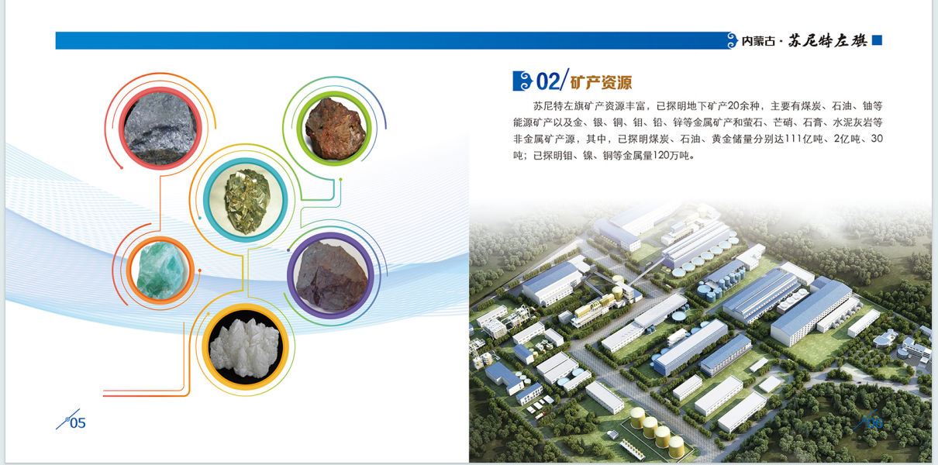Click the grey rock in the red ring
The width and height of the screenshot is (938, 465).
coord(160,129)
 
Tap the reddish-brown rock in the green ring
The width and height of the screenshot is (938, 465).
coord(335,129)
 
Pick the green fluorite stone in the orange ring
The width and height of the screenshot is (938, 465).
coord(160,270)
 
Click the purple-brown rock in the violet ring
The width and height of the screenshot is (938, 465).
coord(331,276)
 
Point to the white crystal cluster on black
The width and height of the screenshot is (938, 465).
coord(244,348)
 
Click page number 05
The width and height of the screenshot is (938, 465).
coord(78,423)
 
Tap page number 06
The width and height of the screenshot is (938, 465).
coord(874,423)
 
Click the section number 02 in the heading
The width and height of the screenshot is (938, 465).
coord(547,81)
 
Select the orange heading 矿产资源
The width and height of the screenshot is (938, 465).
coord(601,82)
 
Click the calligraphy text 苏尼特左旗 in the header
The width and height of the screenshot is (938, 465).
coord(827,40)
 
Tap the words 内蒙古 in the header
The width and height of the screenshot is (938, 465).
coord(758,41)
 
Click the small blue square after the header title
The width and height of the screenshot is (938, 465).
coord(877,40)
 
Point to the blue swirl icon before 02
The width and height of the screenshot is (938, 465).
coord(522,81)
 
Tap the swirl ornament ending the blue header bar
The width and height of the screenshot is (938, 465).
coord(732,40)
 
